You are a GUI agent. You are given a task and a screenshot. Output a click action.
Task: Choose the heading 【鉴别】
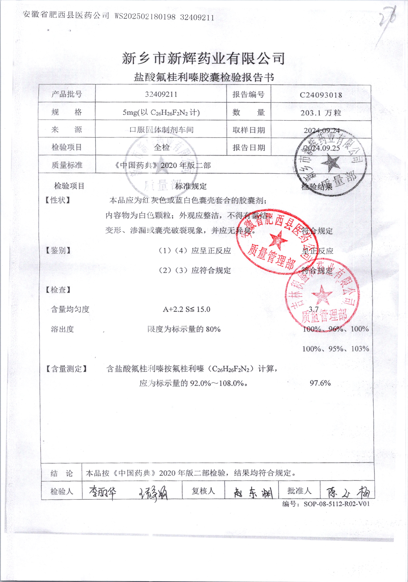[x=58, y=250]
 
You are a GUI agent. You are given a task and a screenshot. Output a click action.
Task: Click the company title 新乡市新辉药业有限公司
[x=203, y=58]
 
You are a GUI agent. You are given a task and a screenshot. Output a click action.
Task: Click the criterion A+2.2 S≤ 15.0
[x=187, y=309]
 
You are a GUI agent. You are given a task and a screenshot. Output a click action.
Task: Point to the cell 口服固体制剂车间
[x=161, y=130]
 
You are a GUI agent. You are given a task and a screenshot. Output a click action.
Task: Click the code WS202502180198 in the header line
[x=145, y=17]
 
